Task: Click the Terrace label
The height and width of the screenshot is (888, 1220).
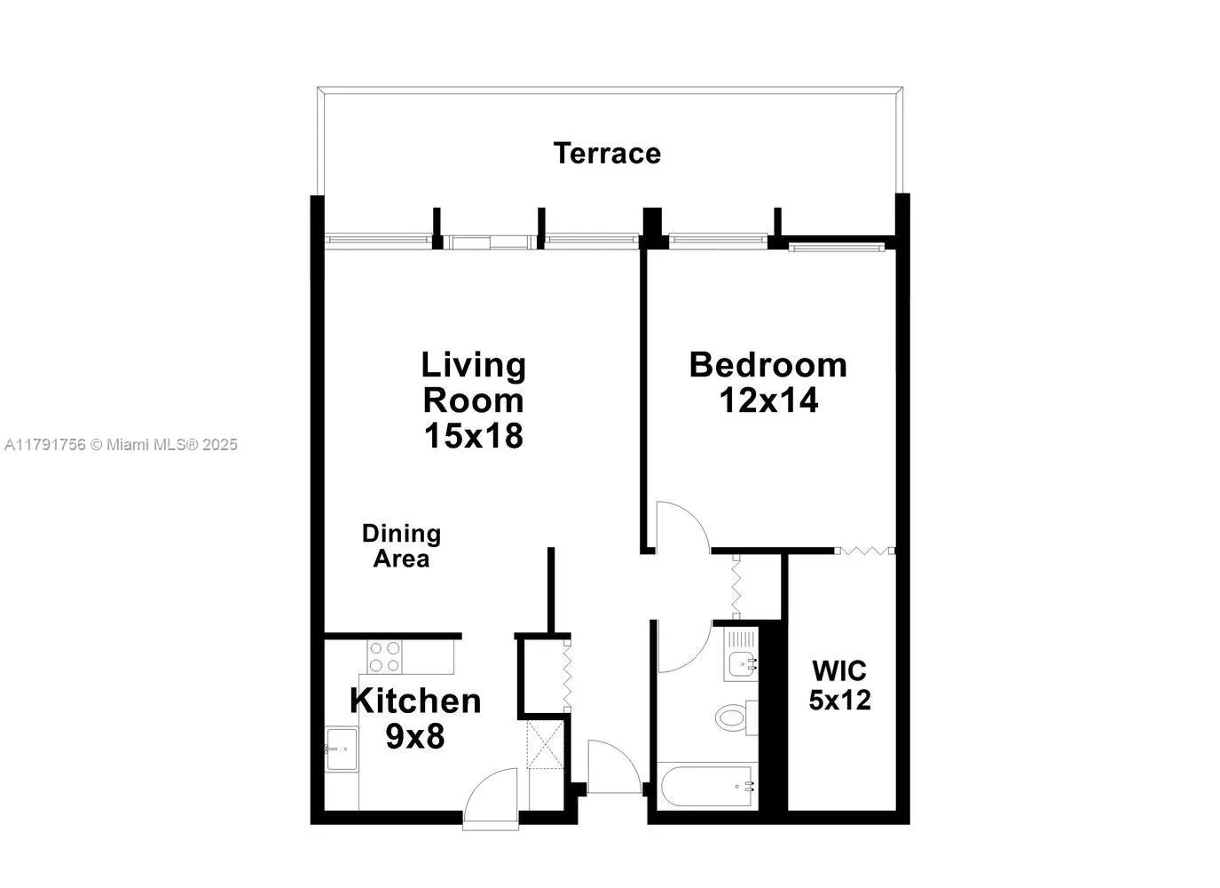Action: point(607,154)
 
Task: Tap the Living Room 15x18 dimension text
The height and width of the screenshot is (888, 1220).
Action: point(473,436)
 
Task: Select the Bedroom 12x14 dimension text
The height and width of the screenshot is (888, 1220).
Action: point(768,401)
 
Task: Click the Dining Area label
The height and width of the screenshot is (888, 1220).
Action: point(401,546)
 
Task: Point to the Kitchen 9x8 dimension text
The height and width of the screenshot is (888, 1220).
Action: point(415,736)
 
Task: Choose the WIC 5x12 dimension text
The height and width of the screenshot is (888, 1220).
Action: point(839,700)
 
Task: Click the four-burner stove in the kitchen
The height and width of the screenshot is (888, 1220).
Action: point(384,657)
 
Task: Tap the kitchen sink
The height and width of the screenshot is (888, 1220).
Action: point(342,749)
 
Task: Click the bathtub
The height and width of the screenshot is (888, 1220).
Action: point(707,786)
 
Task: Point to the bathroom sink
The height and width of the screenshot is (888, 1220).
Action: point(740,662)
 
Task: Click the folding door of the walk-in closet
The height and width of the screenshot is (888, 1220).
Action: point(865,551)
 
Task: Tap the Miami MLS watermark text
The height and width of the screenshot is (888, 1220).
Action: point(122,445)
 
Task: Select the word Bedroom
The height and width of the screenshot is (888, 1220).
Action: point(768,365)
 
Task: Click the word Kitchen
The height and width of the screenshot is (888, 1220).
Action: point(415,701)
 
